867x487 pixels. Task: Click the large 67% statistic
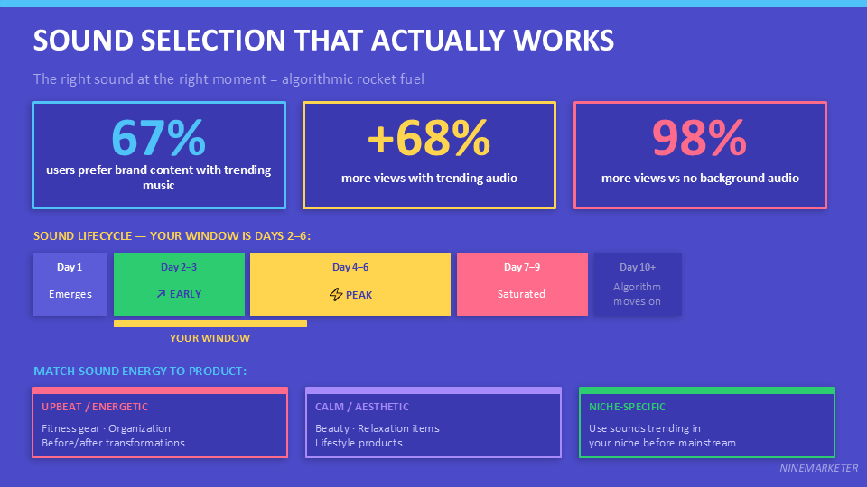pos(159,138)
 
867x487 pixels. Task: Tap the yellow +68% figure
pos(429,138)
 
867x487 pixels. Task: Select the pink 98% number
pos(700,138)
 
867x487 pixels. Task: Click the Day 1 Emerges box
pos(70,283)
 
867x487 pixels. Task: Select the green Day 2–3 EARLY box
pos(179,283)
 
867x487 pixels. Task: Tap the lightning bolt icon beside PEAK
pos(336,295)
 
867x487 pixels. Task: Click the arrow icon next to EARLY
pos(161,294)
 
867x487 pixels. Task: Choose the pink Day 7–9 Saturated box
pos(521,283)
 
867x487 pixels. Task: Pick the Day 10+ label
pos(637,267)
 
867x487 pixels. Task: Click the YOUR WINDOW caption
pos(210,338)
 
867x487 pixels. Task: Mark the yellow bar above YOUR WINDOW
pos(210,324)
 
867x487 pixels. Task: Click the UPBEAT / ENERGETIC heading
pos(95,407)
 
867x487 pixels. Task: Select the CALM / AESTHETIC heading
pos(362,407)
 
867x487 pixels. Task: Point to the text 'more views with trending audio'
pos(429,178)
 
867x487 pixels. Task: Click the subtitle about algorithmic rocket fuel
pos(228,79)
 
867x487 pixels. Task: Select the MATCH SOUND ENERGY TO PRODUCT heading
pos(140,372)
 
